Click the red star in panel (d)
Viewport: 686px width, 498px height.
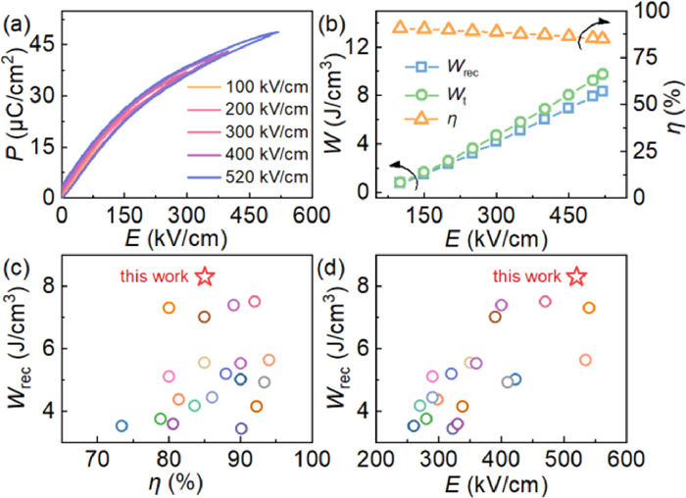pyautogui.click(x=577, y=277)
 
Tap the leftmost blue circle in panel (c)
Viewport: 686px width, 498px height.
pyautogui.click(x=122, y=425)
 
